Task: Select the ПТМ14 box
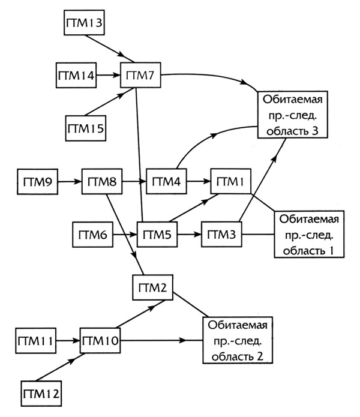(x=75, y=76)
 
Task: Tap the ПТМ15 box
(x=85, y=128)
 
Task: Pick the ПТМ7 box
(x=141, y=76)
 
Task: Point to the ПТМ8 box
(x=101, y=181)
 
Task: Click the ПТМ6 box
(x=92, y=233)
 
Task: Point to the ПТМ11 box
(x=35, y=341)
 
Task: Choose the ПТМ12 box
(x=41, y=392)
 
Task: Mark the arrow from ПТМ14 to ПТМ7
(x=108, y=76)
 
